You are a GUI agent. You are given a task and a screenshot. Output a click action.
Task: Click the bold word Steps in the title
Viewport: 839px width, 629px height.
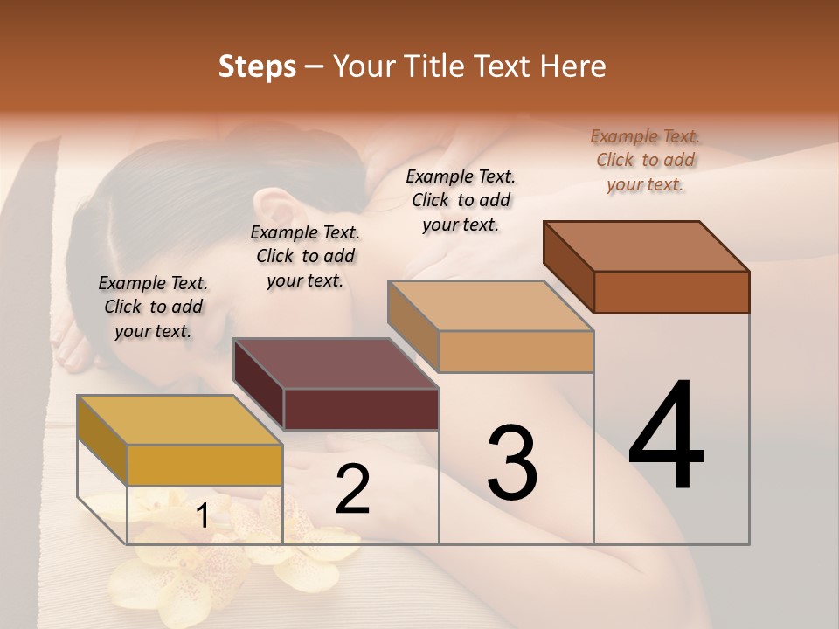pos(257,66)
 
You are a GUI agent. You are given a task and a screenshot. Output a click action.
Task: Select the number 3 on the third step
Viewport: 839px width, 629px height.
pos(512,462)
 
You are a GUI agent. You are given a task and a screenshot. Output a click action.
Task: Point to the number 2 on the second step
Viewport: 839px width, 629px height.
pos(352,490)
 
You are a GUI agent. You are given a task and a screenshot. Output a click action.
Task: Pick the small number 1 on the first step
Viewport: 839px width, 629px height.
pos(202,516)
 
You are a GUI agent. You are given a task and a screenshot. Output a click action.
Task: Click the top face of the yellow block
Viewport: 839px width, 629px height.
pos(179,420)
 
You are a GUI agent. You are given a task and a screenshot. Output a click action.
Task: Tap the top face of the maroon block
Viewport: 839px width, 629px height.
pos(336,363)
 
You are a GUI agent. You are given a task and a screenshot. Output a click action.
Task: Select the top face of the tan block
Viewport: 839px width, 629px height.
pos(490,306)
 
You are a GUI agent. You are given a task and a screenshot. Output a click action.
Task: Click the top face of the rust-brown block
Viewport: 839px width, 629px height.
pos(646,246)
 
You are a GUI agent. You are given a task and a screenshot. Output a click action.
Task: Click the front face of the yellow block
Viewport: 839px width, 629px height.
pos(205,465)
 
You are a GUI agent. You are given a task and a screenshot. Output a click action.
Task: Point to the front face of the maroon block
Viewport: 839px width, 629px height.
pos(361,409)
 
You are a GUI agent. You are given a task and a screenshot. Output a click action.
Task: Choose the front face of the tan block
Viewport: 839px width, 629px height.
pos(516,351)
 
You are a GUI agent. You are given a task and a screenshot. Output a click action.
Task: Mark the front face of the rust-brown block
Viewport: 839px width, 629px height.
pos(671,292)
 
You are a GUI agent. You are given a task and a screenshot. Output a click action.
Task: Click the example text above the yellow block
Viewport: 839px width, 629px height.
pos(153,307)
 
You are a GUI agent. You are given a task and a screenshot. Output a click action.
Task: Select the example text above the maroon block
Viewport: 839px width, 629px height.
pos(305,256)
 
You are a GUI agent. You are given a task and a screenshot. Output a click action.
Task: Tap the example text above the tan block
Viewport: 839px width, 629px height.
pos(461,200)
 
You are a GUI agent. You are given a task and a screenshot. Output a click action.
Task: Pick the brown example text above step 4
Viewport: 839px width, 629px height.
pos(645,160)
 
